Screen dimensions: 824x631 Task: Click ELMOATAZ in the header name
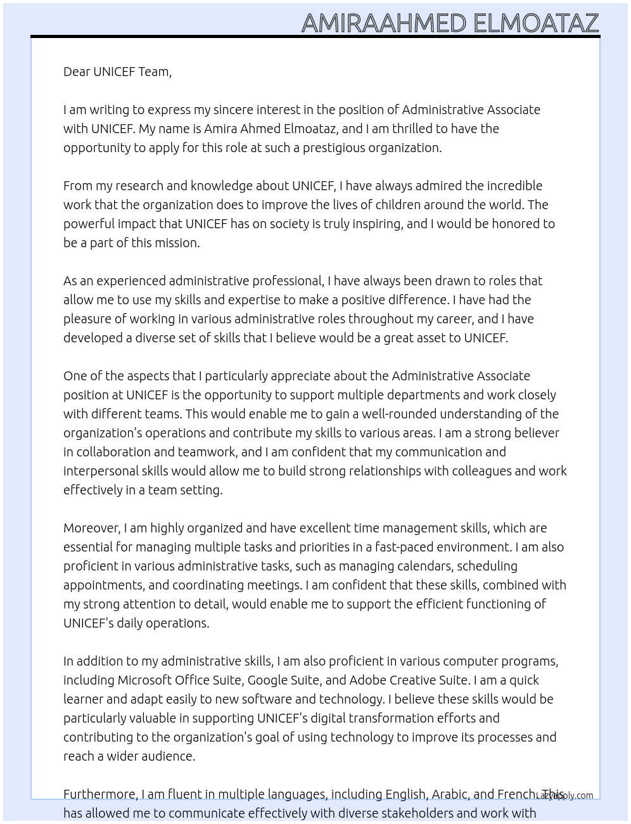535,23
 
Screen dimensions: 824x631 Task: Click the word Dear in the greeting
77,72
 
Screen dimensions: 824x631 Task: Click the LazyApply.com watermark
564,795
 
